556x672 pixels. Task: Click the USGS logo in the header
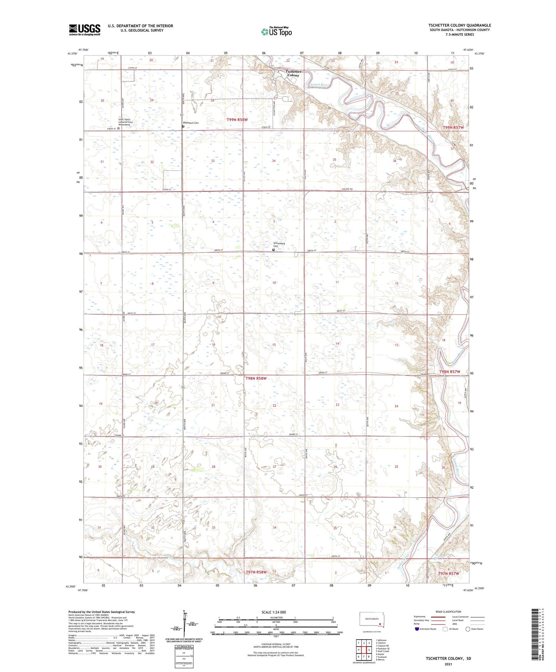tap(85, 30)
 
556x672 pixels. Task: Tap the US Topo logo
tap(275, 32)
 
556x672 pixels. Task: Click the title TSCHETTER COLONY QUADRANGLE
tap(459, 25)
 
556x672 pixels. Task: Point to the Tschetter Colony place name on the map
tap(293, 74)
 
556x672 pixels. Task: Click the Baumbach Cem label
tap(191, 123)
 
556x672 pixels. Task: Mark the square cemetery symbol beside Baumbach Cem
tap(183, 126)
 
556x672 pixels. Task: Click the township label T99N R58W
tap(237, 120)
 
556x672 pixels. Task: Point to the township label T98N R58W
tap(256, 378)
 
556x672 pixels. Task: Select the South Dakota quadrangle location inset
tap(371, 620)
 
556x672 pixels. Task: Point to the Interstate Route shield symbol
tap(417, 629)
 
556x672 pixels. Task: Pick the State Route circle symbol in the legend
tap(468, 629)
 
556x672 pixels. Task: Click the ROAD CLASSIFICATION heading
tap(449, 612)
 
